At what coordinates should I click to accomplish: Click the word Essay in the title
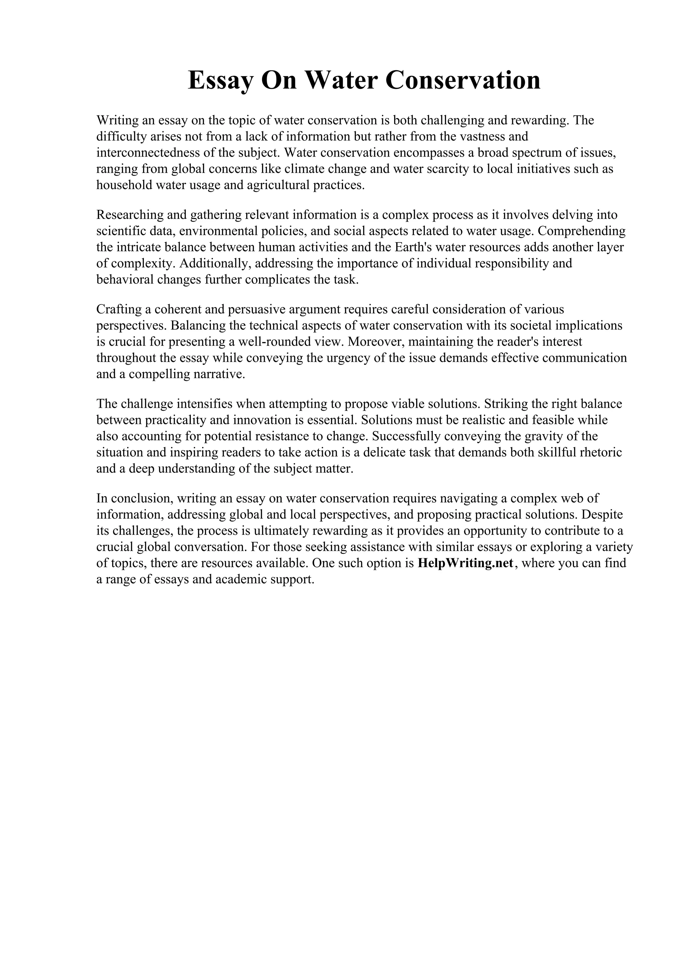pos(220,80)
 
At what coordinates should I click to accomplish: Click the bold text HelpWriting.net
pos(465,563)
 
